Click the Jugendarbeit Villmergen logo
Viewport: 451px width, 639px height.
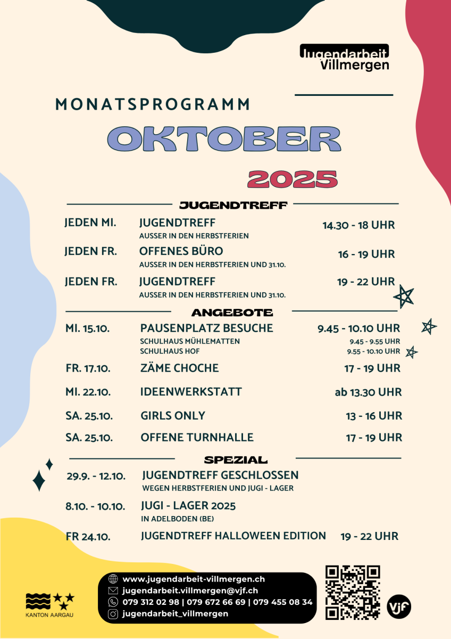[344, 58]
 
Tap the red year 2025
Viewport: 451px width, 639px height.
[293, 179]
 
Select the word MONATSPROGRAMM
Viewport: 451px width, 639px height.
[153, 104]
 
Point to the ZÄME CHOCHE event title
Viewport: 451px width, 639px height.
[179, 368]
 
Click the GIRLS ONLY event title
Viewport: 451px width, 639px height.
[173, 415]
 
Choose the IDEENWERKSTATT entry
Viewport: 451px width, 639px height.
[191, 392]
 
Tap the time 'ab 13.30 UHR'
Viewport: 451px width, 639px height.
[368, 392]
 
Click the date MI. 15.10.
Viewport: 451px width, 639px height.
[87, 329]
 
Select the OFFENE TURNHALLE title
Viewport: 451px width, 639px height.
[197, 438]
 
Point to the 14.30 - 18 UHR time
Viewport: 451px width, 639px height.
[358, 225]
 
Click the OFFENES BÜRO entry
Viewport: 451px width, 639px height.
[181, 251]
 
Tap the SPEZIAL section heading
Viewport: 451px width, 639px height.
[236, 460]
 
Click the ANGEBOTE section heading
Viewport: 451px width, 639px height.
[232, 313]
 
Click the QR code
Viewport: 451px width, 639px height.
[353, 592]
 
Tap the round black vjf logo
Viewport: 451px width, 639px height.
[399, 607]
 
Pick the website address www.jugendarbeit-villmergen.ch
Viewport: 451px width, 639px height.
[194, 579]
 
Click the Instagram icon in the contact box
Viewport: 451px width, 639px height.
[113, 613]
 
